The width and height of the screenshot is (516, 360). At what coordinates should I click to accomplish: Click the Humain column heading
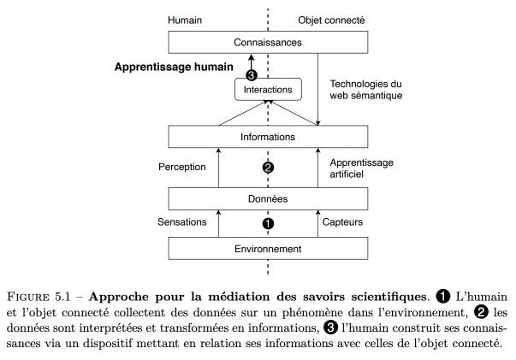185,21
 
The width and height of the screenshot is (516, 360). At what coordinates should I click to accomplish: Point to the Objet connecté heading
331,21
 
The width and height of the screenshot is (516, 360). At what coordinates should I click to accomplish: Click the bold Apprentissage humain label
174,67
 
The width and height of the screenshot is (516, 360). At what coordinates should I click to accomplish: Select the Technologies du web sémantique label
366,90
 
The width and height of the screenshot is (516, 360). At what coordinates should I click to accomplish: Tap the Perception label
182,167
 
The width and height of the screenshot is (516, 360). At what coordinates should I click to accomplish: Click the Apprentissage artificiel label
362,168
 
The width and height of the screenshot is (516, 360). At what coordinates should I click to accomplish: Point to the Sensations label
182,222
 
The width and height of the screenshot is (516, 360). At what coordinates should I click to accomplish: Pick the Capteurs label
342,222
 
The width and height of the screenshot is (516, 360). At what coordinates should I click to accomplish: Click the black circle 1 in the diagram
268,223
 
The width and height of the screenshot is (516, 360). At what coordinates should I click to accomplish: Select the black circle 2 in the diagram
268,168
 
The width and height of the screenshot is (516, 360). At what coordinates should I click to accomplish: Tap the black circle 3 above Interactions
252,75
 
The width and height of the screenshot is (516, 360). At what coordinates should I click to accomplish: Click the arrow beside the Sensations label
218,223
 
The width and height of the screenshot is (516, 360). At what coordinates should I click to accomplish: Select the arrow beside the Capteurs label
317,223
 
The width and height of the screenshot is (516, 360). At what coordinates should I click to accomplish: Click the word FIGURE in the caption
27,297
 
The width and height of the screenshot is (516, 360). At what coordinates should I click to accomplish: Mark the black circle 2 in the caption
481,312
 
